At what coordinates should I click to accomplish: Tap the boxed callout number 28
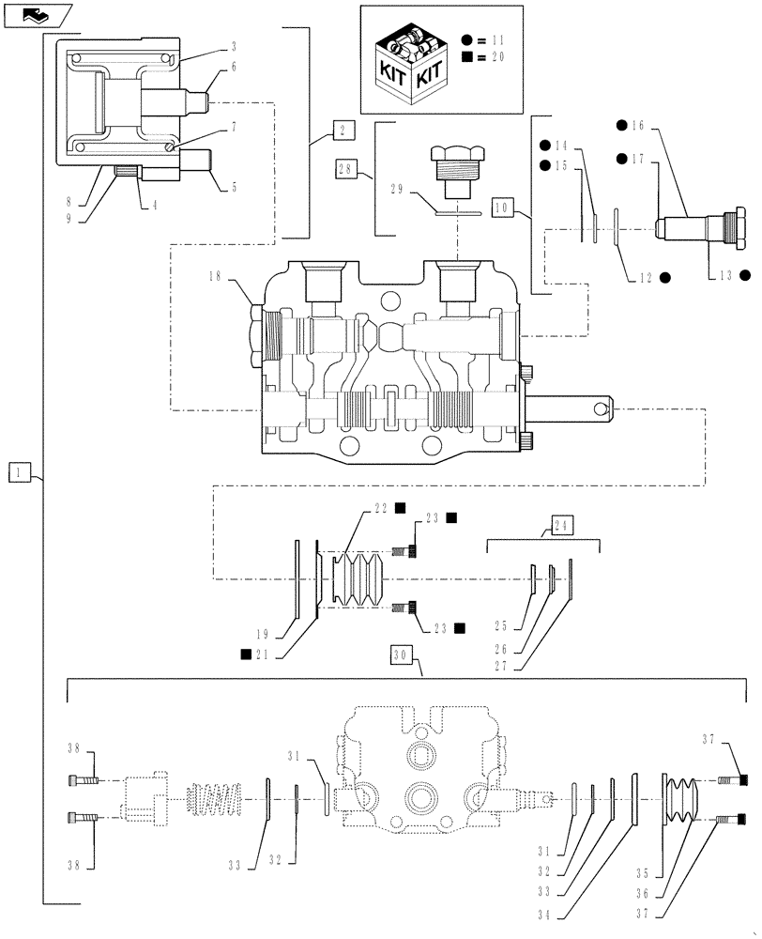point(344,169)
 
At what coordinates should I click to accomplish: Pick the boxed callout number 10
point(502,207)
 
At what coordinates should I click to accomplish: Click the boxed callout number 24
point(560,525)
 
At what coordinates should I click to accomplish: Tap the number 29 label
point(396,188)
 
